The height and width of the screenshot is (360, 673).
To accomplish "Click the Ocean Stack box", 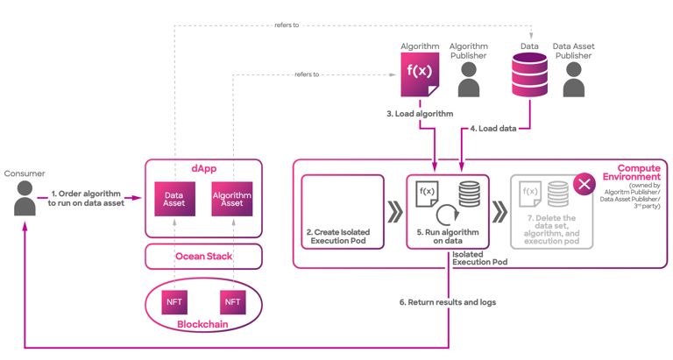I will click(x=203, y=258).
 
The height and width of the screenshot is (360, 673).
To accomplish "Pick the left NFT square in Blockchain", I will click(x=174, y=302).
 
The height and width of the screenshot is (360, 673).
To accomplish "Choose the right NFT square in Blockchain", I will click(x=232, y=302).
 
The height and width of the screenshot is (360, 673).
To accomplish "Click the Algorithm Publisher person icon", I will click(x=469, y=79).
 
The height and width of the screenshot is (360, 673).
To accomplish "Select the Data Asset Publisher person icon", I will click(x=574, y=79).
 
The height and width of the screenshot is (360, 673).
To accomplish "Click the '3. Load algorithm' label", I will click(x=419, y=114).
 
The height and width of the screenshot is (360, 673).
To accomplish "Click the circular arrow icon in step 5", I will click(x=447, y=214).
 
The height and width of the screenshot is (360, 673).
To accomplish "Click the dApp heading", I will click(x=203, y=166).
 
